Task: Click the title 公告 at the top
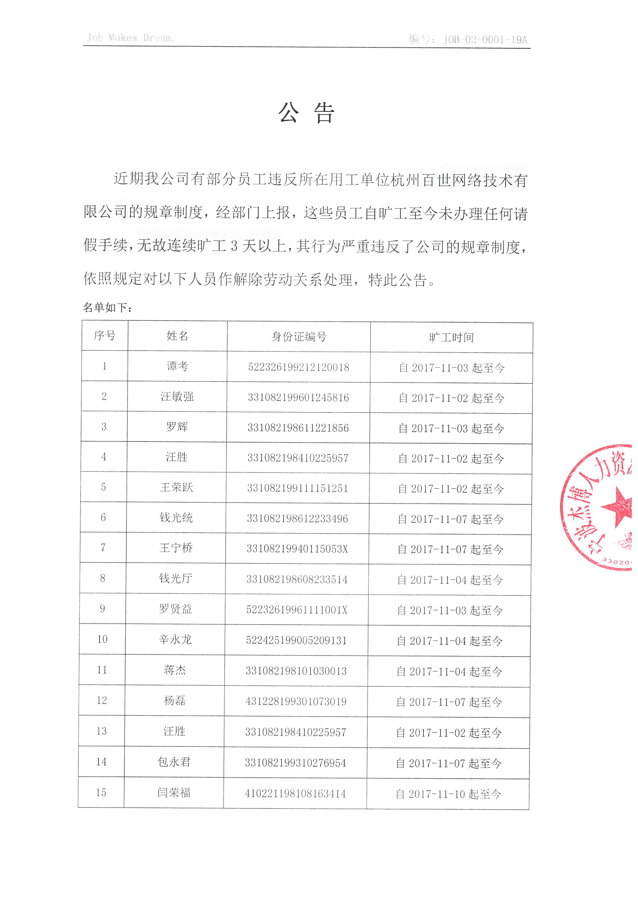(306, 113)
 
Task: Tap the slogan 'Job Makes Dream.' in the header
(130, 38)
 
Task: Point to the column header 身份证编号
(299, 337)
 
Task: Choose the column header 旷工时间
(451, 337)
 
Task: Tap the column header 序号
(104, 335)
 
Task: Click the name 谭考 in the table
(178, 366)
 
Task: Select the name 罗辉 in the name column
(177, 427)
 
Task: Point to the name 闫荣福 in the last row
(174, 792)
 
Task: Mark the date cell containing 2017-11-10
(448, 794)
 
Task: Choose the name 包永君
(174, 762)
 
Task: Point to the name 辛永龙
(175, 640)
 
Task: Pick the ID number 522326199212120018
(299, 367)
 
